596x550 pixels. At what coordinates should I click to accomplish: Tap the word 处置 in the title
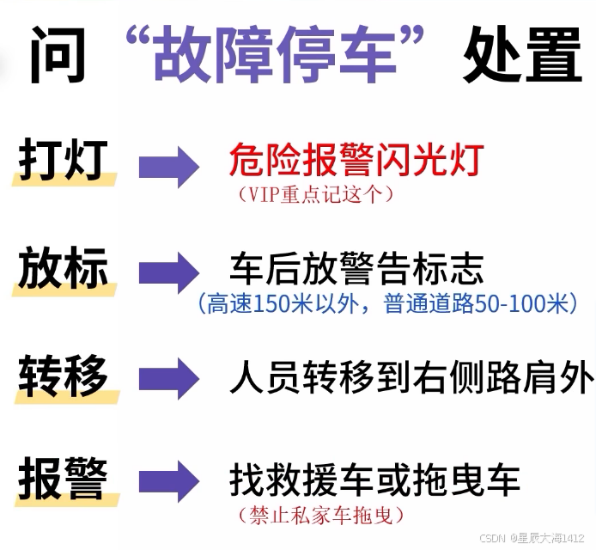click(x=522, y=58)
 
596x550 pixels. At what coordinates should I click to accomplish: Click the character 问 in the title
click(x=58, y=58)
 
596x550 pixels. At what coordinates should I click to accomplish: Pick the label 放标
click(x=63, y=269)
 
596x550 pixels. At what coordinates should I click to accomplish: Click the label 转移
click(x=63, y=375)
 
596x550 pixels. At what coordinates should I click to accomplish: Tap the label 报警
click(x=63, y=479)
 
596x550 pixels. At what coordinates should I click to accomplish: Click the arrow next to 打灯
click(x=169, y=166)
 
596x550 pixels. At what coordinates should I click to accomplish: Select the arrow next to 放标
click(x=169, y=273)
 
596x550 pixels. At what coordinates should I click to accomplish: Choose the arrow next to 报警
click(x=169, y=482)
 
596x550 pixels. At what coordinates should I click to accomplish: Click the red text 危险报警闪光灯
click(x=356, y=160)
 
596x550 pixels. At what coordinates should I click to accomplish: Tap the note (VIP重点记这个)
click(x=315, y=194)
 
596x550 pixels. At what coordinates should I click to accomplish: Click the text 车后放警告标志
click(x=356, y=269)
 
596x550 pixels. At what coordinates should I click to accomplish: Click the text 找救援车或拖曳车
click(x=374, y=481)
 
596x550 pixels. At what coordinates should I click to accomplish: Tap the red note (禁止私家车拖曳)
click(x=318, y=516)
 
